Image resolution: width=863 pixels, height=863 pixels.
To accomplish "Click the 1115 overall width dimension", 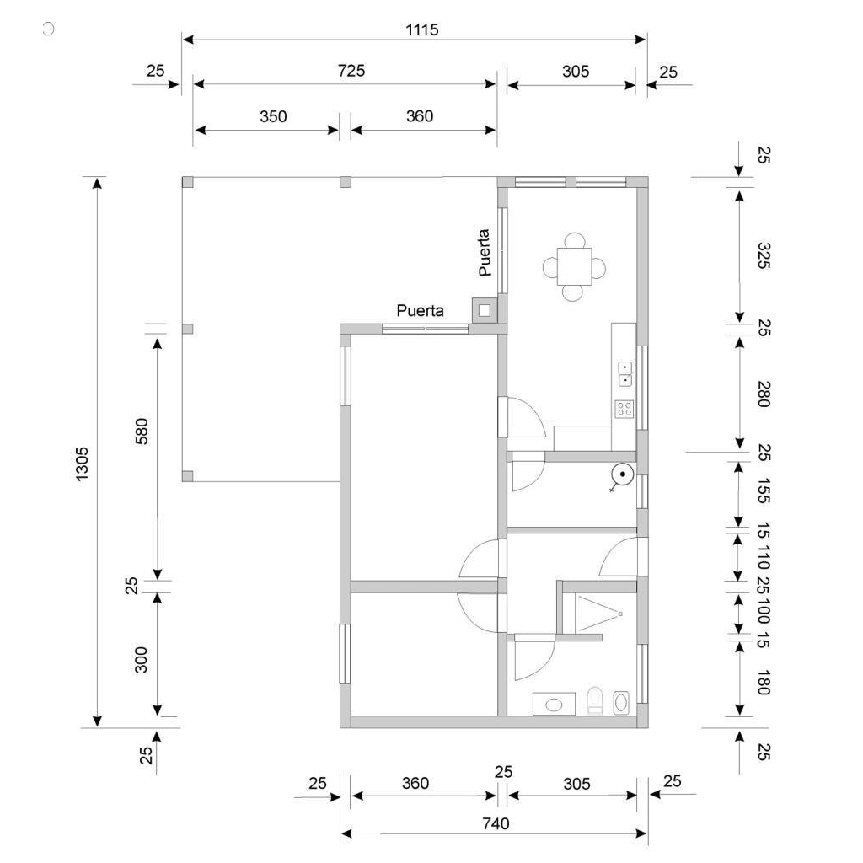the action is [x=422, y=29].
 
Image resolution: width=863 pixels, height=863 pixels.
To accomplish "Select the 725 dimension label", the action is [x=351, y=71].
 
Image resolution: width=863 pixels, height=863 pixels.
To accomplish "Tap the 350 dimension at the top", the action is [x=273, y=116].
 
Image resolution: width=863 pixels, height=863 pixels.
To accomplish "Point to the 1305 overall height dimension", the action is [x=82, y=464].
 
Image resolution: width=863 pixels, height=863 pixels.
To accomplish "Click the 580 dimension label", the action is [x=142, y=431].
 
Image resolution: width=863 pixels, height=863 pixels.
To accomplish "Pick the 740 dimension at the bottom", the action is [x=496, y=824].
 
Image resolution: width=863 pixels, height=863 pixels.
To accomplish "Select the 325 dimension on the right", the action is [x=763, y=255].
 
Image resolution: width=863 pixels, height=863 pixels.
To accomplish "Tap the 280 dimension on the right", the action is [x=763, y=394].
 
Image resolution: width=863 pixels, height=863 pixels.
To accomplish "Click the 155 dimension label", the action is [x=763, y=491].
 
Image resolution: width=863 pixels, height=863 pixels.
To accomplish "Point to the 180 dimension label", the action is [x=763, y=683].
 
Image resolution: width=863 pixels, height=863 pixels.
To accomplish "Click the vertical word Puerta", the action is [x=485, y=253].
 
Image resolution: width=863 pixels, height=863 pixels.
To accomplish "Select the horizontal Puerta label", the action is [x=420, y=311].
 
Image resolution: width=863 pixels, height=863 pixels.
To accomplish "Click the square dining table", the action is [x=574, y=266].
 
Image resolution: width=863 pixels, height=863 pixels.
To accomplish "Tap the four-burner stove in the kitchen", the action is [x=624, y=409].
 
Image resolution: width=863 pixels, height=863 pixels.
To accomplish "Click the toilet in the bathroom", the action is [x=595, y=700].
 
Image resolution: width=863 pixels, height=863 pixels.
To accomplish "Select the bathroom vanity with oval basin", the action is [x=554, y=704].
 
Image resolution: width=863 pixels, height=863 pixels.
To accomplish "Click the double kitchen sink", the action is [x=625, y=373].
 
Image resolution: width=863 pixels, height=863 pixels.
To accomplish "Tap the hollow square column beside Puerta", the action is [x=485, y=310].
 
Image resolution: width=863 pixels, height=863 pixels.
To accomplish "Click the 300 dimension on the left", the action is [x=142, y=659].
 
